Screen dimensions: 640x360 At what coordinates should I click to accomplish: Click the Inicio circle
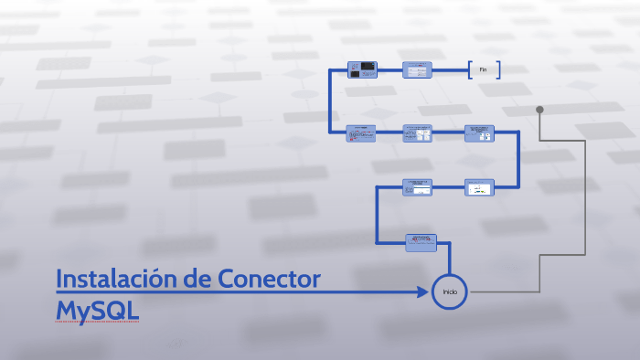tap(450, 291)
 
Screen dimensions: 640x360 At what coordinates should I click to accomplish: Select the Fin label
tap(484, 69)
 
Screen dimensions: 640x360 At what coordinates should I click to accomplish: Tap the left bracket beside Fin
tap(469, 69)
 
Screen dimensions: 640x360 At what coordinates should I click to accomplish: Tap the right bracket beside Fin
tap(499, 69)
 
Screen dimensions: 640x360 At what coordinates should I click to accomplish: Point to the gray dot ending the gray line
tap(539, 110)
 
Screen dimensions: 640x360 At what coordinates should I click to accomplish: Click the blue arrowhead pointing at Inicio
tap(423, 291)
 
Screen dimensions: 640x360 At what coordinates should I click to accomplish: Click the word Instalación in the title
tap(115, 280)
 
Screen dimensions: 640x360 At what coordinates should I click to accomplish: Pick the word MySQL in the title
tap(97, 310)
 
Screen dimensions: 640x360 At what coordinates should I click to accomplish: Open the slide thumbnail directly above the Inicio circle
tap(421, 243)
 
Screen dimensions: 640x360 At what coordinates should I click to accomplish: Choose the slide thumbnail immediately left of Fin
tap(418, 70)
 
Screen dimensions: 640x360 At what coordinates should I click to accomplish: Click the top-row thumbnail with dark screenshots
tap(362, 70)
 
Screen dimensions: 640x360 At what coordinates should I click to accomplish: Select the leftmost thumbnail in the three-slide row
tap(361, 133)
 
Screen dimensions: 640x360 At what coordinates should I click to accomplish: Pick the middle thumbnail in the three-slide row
tap(418, 133)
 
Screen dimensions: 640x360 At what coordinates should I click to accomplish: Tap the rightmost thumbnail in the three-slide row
tap(479, 133)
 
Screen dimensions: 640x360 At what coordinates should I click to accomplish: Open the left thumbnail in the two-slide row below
tap(418, 186)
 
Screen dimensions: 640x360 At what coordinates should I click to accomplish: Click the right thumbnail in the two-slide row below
tap(479, 186)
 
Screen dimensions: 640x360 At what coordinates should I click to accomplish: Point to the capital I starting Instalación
tap(59, 280)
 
